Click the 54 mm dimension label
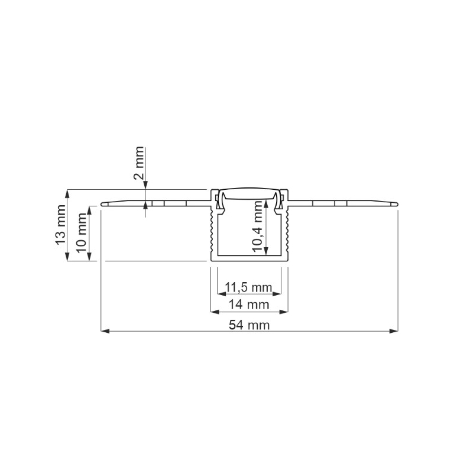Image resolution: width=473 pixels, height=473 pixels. [x=249, y=325]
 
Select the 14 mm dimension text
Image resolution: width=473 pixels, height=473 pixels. [x=248, y=304]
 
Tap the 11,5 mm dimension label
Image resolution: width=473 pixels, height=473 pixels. [x=248, y=287]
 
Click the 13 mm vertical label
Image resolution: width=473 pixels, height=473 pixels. [x=61, y=225]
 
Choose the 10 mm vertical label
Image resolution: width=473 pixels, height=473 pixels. [x=81, y=234]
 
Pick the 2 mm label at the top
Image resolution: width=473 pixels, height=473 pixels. [x=139, y=163]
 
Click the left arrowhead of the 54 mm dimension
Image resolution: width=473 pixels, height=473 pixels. [x=105, y=331]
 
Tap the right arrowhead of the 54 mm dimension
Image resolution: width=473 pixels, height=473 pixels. [x=394, y=331]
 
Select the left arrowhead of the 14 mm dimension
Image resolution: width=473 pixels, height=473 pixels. [x=215, y=312]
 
